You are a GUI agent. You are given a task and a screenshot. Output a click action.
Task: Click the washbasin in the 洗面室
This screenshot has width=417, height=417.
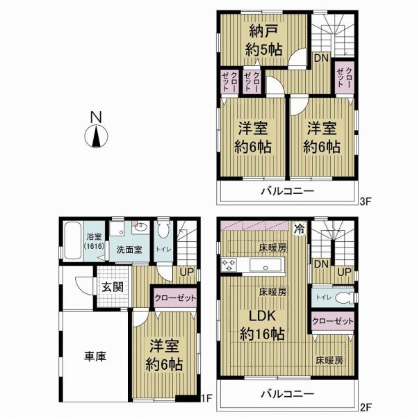pyautogui.click(x=140, y=227)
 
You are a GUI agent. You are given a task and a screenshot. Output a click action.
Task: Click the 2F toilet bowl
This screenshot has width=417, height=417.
pyautogui.click(x=344, y=297)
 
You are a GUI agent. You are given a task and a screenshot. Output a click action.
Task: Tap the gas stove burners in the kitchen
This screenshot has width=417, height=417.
pyautogui.click(x=229, y=265)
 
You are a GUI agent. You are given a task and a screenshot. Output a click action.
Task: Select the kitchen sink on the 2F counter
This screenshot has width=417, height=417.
pyautogui.click(x=265, y=265)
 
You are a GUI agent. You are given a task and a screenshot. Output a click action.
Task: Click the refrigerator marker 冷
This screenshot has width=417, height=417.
pyautogui.click(x=300, y=229)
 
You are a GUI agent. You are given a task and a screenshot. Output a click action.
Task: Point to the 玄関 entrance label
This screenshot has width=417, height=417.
pyautogui.click(x=113, y=287)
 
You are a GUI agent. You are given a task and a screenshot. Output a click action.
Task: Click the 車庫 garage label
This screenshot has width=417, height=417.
pyautogui.click(x=95, y=357)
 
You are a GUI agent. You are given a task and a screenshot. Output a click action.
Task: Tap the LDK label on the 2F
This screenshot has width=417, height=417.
pyautogui.click(x=262, y=316)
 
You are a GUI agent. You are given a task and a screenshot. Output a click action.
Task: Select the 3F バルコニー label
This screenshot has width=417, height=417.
pyautogui.click(x=287, y=191)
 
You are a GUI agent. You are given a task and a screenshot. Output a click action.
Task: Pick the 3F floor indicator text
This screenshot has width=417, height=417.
pyautogui.click(x=365, y=202)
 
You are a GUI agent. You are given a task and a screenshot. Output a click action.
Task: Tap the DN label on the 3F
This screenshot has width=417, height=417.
pyautogui.click(x=321, y=58)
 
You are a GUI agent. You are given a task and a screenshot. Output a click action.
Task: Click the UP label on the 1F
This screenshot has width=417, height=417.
pyautogui.click(x=187, y=272)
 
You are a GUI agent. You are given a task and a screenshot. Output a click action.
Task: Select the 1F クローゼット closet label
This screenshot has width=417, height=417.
pyautogui.click(x=175, y=298)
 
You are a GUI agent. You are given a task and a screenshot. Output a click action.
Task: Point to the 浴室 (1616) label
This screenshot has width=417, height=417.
pyautogui.click(x=94, y=241)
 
